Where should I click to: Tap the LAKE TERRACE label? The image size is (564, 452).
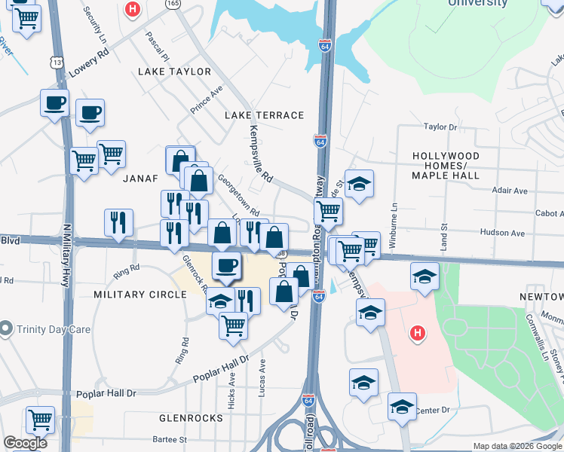[x=265, y=115]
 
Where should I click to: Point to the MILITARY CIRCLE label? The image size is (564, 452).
[x=139, y=294]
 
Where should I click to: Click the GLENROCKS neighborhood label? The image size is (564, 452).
[x=191, y=417]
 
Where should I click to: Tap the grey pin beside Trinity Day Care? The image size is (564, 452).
[x=6, y=328]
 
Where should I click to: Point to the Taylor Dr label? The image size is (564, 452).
[x=441, y=127]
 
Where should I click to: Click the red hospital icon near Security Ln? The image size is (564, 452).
[x=133, y=10]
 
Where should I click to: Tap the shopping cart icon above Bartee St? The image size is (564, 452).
[x=39, y=420]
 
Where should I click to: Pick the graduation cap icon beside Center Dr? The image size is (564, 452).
[x=402, y=406]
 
